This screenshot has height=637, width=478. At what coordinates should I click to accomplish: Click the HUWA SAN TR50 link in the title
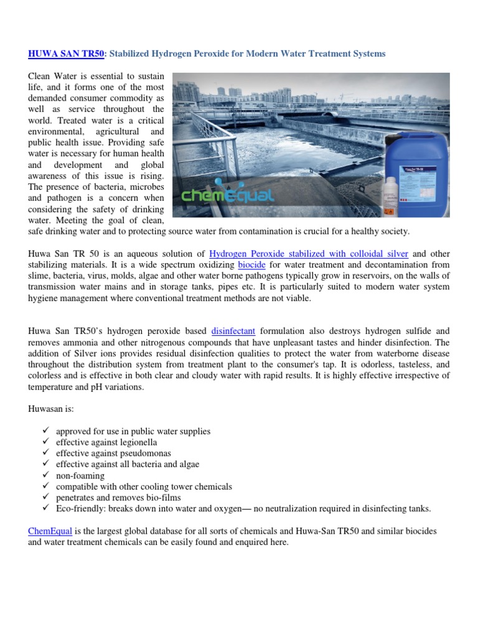coord(65,54)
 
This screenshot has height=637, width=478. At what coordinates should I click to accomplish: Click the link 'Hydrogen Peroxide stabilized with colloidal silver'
coord(309,254)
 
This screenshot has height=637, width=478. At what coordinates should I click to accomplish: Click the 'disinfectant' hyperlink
coord(233,332)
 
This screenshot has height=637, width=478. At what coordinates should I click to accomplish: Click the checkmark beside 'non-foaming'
coord(46,475)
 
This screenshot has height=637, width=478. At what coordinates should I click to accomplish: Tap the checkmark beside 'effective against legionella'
coord(46,442)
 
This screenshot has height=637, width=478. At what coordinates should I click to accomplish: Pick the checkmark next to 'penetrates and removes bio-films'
coord(46,498)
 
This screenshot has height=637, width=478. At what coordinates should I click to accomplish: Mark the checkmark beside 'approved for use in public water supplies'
coord(46,431)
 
